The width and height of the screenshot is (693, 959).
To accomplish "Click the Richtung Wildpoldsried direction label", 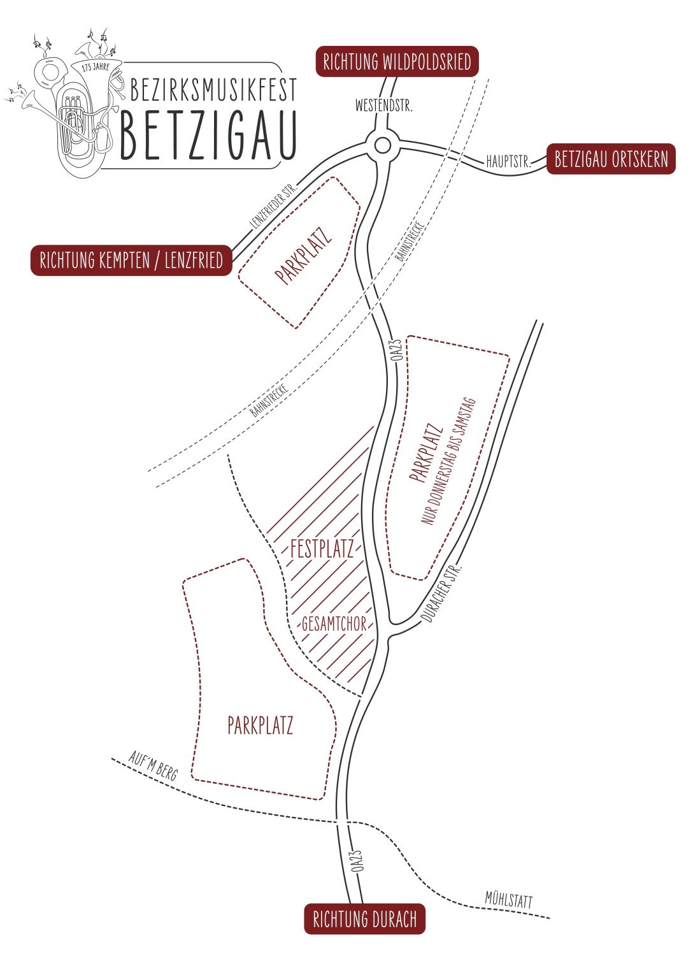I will (397, 62).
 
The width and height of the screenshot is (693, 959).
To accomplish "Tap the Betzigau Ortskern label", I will (611, 159).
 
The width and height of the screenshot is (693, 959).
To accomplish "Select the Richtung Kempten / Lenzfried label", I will (131, 260).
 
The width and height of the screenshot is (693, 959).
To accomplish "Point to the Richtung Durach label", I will (364, 919).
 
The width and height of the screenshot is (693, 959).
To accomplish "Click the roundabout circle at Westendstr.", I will (383, 145).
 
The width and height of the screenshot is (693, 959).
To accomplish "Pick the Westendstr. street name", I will (383, 106).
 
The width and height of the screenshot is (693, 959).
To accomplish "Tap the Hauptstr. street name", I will (508, 161).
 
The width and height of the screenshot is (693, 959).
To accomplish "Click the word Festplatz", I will (322, 549).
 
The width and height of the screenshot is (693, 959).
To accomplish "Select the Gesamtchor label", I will (334, 623).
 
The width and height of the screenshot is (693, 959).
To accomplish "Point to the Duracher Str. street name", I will (441, 593).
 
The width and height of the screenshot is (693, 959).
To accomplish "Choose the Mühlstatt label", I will (508, 900).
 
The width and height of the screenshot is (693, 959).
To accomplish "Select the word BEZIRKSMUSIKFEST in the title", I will (213, 90).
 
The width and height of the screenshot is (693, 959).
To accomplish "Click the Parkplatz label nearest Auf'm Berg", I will (260, 725).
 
